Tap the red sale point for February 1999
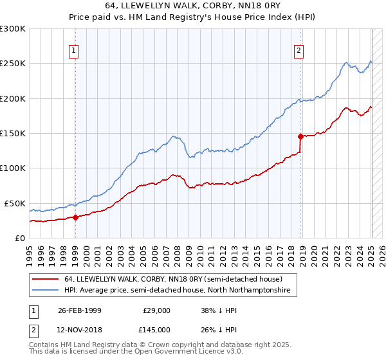[x=75, y=217]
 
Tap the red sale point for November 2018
[x=300, y=136]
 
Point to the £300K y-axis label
[x=13, y=29]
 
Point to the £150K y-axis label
[x=13, y=133]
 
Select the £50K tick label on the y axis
[x=15, y=203]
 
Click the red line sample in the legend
[x=46, y=280]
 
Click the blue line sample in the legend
[x=46, y=291]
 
